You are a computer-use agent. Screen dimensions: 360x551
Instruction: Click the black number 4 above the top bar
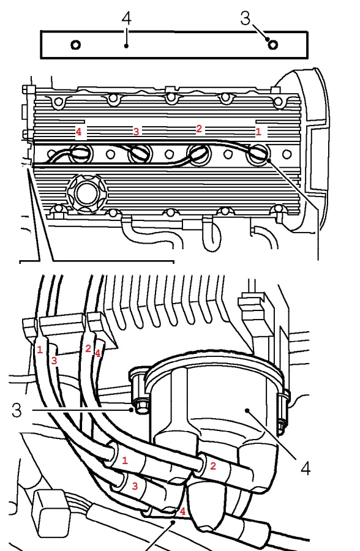(127, 18)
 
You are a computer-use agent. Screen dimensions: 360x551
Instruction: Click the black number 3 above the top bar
(246, 18)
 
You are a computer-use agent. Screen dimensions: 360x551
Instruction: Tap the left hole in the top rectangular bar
(76, 45)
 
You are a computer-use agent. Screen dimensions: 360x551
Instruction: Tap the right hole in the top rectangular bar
(273, 45)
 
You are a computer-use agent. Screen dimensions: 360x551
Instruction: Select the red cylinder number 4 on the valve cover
(79, 132)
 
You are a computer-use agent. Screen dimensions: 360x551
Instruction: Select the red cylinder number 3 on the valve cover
(136, 132)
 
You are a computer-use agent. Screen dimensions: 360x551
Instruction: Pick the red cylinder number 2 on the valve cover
(199, 129)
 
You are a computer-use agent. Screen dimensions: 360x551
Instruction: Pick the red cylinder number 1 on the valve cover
(258, 132)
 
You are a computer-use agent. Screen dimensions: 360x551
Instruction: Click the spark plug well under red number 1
(258, 154)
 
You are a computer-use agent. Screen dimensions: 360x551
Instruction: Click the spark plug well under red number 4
(81, 154)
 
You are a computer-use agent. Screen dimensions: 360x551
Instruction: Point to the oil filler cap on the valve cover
(85, 194)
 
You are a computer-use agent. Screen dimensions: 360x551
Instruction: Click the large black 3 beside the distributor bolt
(17, 410)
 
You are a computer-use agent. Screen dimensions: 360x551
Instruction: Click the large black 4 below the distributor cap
(306, 468)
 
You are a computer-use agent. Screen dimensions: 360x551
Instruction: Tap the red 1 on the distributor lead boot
(124, 460)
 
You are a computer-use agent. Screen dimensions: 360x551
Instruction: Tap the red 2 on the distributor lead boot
(212, 467)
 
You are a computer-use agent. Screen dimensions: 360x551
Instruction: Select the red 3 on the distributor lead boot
(135, 486)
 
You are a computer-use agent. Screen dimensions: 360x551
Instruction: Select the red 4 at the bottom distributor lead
(182, 511)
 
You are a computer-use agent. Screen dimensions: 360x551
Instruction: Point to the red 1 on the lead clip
(40, 350)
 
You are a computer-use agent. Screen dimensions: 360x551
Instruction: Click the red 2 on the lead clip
(88, 348)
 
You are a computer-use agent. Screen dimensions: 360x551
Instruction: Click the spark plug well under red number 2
(200, 154)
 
